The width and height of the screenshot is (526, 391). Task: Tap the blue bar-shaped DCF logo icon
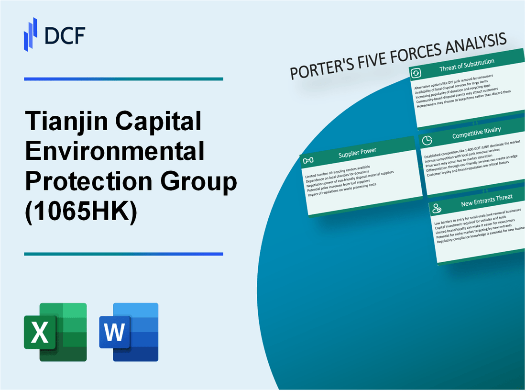31,34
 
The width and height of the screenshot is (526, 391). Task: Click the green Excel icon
55,332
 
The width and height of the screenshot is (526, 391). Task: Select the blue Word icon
129,332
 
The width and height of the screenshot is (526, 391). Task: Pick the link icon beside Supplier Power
308,159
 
